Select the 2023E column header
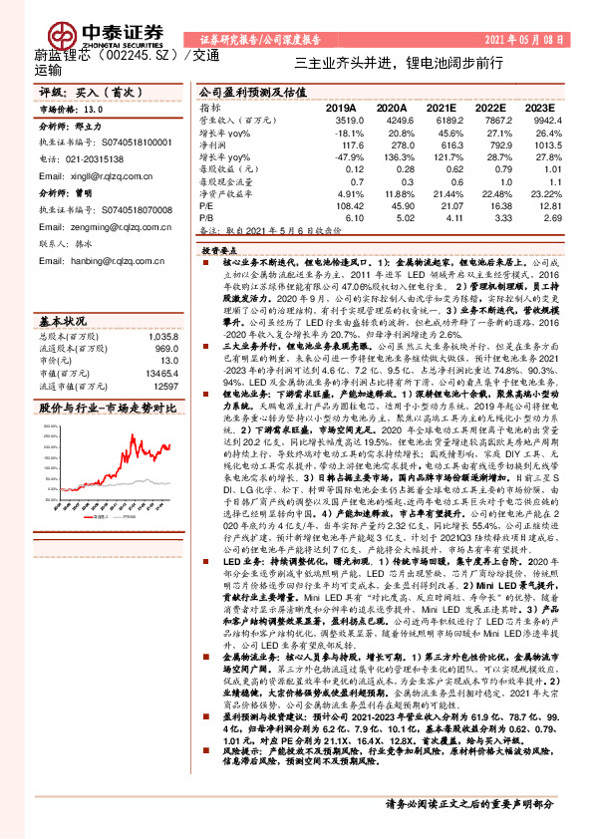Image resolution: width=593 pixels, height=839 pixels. pyautogui.click(x=538, y=107)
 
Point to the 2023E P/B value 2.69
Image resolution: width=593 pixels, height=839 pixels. pyautogui.click(x=539, y=216)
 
